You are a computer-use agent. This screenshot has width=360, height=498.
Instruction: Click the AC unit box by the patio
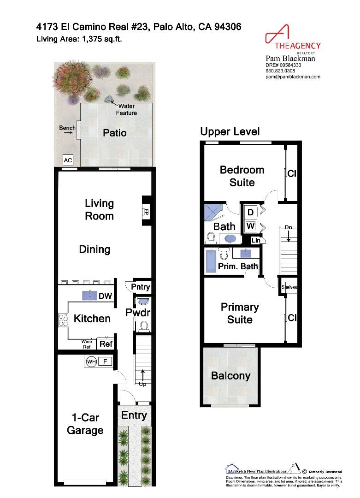coord(68,160)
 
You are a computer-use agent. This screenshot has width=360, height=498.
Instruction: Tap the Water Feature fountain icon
coord(109,99)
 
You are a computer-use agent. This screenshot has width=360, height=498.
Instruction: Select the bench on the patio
coord(79,130)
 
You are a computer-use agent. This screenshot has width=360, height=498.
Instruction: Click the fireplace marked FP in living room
coord(146,213)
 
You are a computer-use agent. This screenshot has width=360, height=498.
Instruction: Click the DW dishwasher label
coord(106,296)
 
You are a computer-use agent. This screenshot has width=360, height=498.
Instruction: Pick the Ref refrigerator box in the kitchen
coord(106,344)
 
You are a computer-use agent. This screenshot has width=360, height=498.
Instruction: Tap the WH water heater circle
coord(90,362)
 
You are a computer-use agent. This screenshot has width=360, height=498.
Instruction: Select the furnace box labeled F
coord(105,362)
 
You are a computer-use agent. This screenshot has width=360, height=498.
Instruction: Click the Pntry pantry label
coord(141,287)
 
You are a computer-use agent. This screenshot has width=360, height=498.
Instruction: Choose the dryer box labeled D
coord(251,213)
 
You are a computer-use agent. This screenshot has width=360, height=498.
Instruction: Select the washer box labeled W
coord(251,226)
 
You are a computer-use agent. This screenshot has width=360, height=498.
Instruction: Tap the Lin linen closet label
coord(255,240)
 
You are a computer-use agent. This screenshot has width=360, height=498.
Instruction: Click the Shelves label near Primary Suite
coord(289,287)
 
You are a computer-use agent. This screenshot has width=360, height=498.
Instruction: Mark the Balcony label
coord(230,375)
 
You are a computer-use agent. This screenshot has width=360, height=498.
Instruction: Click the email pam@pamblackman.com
coord(293,77)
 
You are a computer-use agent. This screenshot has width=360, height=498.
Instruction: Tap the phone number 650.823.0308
coord(279,71)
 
